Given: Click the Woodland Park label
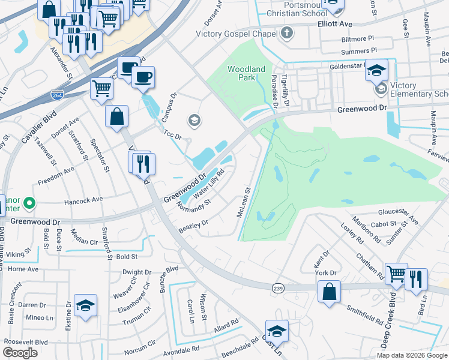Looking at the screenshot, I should point(246,74).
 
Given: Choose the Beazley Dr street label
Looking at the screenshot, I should point(193,227).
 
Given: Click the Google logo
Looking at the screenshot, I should point(20,352).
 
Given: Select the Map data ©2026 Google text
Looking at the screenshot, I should point(412,355).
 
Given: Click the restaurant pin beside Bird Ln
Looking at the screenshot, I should point(415,278).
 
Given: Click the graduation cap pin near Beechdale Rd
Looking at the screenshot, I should point(277,331).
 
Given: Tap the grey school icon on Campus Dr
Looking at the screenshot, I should point(193,121).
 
